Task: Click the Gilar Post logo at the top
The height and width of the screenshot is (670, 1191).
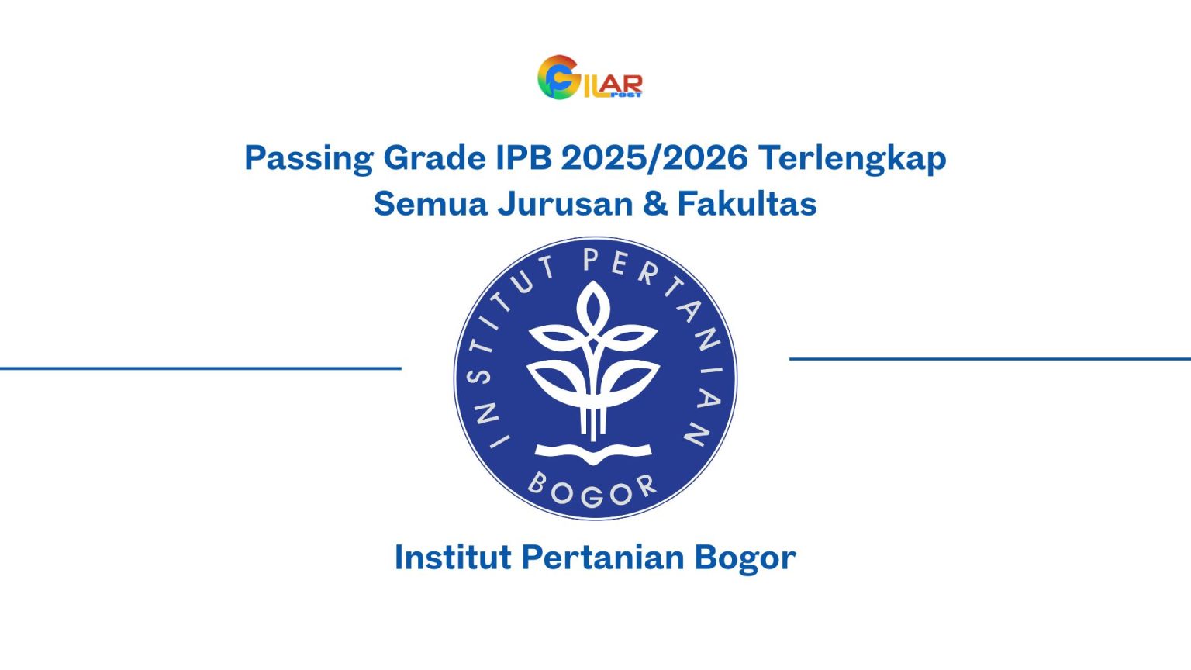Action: (590, 78)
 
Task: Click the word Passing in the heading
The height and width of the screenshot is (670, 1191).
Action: (309, 159)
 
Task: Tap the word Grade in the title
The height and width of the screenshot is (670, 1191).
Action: (434, 158)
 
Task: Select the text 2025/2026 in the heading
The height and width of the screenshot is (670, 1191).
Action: (654, 158)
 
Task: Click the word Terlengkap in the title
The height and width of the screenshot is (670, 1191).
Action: (852, 159)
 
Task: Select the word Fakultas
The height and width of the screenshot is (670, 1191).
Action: (747, 204)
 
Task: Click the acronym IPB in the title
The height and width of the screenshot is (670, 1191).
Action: (523, 158)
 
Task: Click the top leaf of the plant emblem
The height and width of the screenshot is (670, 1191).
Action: (594, 306)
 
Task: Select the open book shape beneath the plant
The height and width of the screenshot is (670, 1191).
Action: (594, 452)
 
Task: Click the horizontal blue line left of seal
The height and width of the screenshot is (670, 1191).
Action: (200, 368)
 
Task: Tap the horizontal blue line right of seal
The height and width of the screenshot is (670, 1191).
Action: (989, 359)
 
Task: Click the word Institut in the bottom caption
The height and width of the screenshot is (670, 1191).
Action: (452, 558)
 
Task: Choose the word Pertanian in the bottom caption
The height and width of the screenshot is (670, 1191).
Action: (603, 558)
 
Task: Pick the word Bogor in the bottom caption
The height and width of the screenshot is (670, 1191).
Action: (744, 558)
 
